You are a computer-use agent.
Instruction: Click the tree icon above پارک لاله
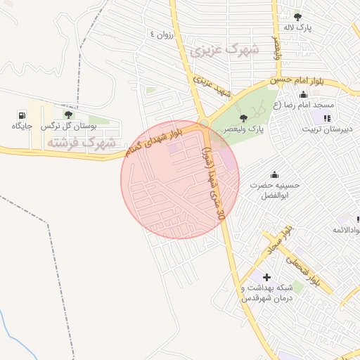click(x=297, y=16)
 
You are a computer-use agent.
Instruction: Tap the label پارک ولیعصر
click(x=243, y=130)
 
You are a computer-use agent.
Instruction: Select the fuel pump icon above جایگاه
click(x=22, y=114)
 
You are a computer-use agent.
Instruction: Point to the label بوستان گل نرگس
click(x=68, y=126)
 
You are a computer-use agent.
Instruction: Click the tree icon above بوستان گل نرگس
click(x=68, y=114)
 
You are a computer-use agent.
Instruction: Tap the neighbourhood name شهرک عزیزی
click(x=224, y=50)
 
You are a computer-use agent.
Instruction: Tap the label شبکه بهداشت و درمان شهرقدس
click(x=266, y=293)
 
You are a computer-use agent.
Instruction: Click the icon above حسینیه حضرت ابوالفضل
click(x=274, y=174)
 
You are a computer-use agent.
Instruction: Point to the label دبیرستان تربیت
click(x=328, y=129)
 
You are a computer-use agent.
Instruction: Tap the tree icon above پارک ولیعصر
click(x=243, y=118)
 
